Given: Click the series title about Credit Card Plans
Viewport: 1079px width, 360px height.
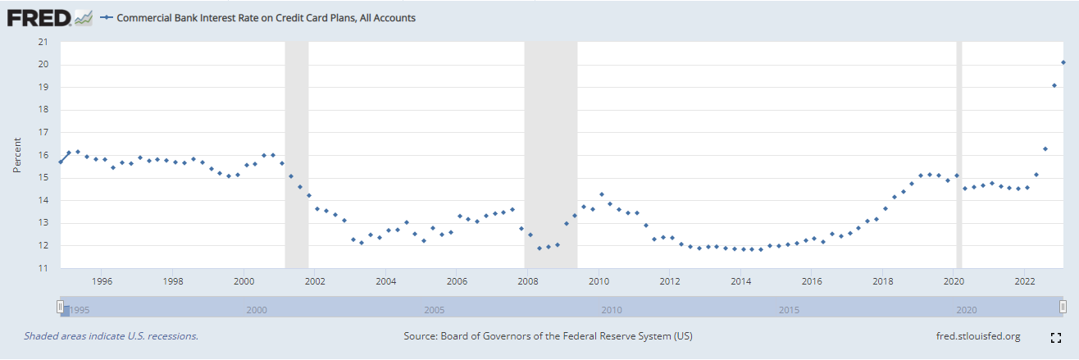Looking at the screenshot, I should pos(266,17).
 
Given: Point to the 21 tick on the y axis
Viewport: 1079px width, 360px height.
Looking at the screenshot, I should pos(44,42).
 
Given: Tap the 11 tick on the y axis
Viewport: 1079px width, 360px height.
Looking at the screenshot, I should pos(44,268).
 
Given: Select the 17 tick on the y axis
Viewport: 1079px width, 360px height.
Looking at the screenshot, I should pos(44,132).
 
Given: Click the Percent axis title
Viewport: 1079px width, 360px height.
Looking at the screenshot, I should pos(17,155).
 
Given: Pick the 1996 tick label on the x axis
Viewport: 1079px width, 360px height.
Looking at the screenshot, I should pos(102,281).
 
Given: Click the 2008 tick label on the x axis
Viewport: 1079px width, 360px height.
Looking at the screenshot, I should pos(528,281).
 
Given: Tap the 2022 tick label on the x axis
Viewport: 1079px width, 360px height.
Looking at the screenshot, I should pos(1025,281).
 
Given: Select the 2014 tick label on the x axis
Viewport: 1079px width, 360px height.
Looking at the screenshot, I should pos(741,281).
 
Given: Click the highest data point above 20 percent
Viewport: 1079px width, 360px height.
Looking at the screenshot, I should pos(1063,62).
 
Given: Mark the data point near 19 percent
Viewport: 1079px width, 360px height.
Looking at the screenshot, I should pos(1054,85).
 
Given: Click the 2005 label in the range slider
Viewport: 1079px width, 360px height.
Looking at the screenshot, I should pos(435,311).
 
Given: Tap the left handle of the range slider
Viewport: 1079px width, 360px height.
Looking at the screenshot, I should pos(60,307).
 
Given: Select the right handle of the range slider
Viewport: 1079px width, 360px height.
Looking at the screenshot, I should pos(1063,307).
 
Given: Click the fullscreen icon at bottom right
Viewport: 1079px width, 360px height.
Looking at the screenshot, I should pos(1057,337).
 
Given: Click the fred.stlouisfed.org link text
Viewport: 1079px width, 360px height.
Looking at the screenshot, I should pos(977,336).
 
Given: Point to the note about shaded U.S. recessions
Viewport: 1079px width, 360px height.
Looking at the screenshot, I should pos(111,336).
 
